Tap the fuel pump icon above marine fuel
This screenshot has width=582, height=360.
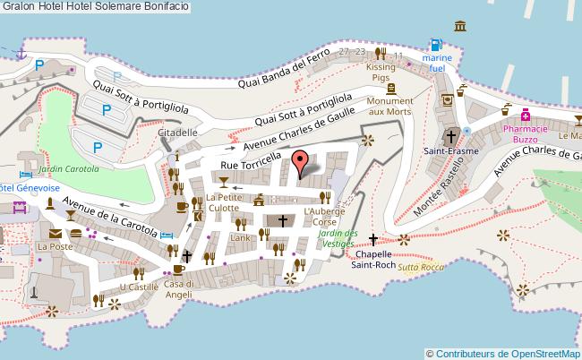(x=436, y=45)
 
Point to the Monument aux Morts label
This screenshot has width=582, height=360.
(x=389, y=106)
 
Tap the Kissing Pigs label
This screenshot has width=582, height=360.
(x=381, y=73)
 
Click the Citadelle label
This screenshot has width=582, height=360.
(x=177, y=133)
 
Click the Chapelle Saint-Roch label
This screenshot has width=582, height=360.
(x=372, y=259)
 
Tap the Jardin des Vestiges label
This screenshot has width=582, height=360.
(x=338, y=239)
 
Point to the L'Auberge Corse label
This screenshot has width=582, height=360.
(x=325, y=216)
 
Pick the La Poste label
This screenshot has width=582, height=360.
(x=54, y=245)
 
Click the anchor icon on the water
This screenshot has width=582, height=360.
(x=21, y=53)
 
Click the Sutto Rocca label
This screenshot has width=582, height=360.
(x=421, y=268)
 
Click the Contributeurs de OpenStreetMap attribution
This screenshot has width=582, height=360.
(x=504, y=353)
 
